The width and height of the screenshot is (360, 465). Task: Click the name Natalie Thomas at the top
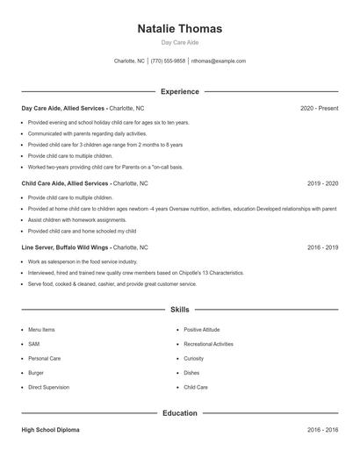click(180, 29)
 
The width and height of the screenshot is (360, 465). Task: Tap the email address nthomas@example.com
click(219, 61)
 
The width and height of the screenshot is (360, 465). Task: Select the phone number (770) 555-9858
click(168, 61)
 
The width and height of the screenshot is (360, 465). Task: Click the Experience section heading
click(180, 91)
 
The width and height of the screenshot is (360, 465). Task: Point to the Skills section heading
click(180, 310)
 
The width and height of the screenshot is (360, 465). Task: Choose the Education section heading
click(180, 412)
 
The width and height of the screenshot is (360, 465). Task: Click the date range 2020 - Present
click(319, 108)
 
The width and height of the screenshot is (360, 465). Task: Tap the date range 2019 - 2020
click(322, 183)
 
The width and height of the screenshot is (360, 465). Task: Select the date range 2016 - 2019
click(322, 247)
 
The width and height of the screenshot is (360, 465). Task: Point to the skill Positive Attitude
click(201, 330)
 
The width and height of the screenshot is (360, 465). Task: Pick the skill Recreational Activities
click(208, 344)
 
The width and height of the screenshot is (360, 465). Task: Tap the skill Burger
click(37, 373)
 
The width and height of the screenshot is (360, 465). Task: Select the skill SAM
click(34, 344)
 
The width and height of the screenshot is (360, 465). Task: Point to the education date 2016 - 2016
click(322, 431)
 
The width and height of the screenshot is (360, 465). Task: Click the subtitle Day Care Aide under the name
click(180, 42)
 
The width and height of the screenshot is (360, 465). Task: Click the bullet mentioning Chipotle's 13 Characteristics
click(135, 273)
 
